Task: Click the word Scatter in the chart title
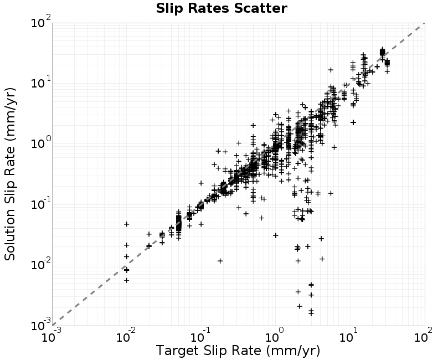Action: pos(260,8)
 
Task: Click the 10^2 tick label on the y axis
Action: pos(40,22)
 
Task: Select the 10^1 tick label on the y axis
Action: pos(40,82)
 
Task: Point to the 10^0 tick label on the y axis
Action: pos(40,143)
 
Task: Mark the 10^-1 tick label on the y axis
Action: pos(40,203)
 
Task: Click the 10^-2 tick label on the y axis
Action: pos(40,264)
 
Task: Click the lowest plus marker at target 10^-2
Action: pos(127,280)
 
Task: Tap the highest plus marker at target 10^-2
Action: pos(127,224)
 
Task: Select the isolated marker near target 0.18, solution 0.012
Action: pos(220,261)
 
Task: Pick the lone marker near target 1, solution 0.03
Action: pos(276,235)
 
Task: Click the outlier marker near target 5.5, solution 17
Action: pos(331,70)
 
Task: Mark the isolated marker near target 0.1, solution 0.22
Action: pos(201,183)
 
